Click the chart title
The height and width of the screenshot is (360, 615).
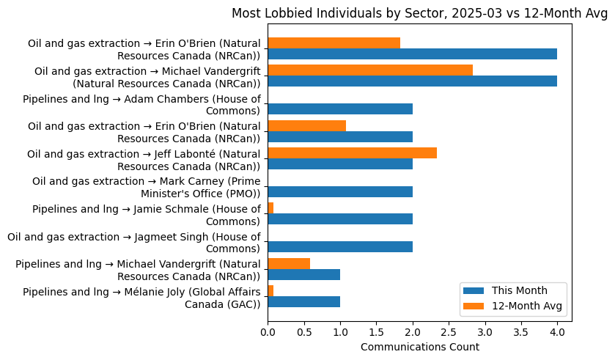point(419,13)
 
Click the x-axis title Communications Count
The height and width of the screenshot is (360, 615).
point(419,347)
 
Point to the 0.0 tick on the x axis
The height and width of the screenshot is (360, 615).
point(268,332)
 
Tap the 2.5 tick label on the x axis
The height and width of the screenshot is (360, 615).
point(449,332)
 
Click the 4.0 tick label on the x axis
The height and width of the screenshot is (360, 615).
point(557,332)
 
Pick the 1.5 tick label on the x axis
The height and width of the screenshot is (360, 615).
point(376,332)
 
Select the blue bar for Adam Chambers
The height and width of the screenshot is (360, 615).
point(340,109)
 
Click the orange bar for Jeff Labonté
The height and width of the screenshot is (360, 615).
point(352,153)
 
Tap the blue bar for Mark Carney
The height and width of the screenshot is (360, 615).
point(340,191)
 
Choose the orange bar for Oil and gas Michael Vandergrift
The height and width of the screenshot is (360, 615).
point(370,70)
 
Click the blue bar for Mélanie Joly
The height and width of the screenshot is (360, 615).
point(303,301)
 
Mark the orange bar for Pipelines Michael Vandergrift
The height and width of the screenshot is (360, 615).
point(289,263)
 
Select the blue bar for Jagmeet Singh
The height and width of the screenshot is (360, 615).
point(340,246)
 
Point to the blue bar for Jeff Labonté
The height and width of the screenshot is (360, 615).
point(340,164)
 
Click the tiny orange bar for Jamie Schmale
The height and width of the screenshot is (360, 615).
point(270,208)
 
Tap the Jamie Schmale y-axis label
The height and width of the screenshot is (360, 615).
point(146,215)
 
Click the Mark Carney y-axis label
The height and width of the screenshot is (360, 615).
point(146,187)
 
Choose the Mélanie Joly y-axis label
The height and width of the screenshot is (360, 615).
point(141,298)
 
